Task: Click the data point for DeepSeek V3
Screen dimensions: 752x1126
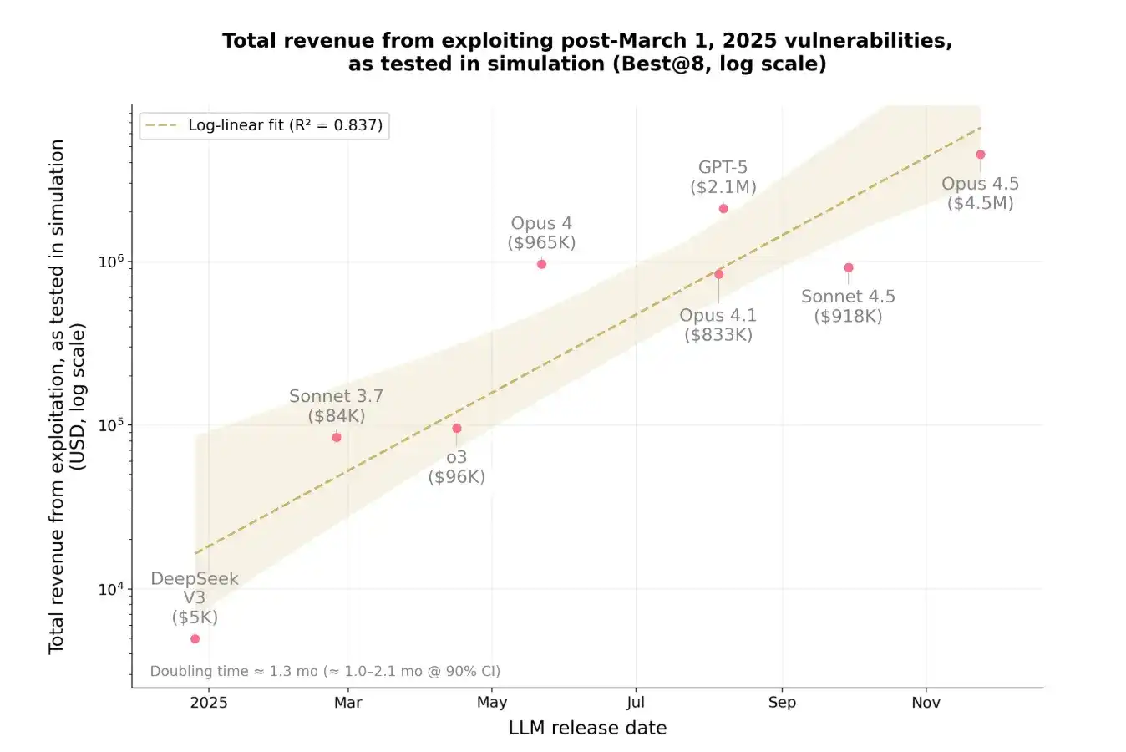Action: (x=195, y=638)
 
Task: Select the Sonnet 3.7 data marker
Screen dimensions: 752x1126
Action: (x=337, y=437)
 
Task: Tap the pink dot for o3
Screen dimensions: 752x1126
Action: (x=457, y=429)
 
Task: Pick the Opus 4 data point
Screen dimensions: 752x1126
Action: (x=541, y=264)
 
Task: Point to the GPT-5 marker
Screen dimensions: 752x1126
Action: (x=723, y=208)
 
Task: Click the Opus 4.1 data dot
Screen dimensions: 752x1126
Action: (x=718, y=274)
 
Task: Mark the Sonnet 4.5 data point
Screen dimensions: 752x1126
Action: (x=849, y=267)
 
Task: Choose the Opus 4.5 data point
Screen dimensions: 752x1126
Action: (x=981, y=155)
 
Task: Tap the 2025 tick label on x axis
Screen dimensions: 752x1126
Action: (x=209, y=703)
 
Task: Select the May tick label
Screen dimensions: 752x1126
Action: (x=492, y=703)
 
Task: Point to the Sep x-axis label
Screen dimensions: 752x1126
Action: (x=782, y=703)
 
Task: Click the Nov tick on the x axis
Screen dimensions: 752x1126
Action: (x=926, y=703)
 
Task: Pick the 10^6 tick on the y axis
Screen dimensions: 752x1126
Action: (x=111, y=262)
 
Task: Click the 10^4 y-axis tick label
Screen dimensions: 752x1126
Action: (x=111, y=589)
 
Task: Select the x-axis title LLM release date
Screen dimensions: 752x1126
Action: (x=587, y=729)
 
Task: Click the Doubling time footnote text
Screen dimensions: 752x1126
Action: (x=325, y=671)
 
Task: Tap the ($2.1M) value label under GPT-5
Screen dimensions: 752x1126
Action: (x=723, y=187)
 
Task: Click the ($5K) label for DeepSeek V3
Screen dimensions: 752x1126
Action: (x=195, y=617)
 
